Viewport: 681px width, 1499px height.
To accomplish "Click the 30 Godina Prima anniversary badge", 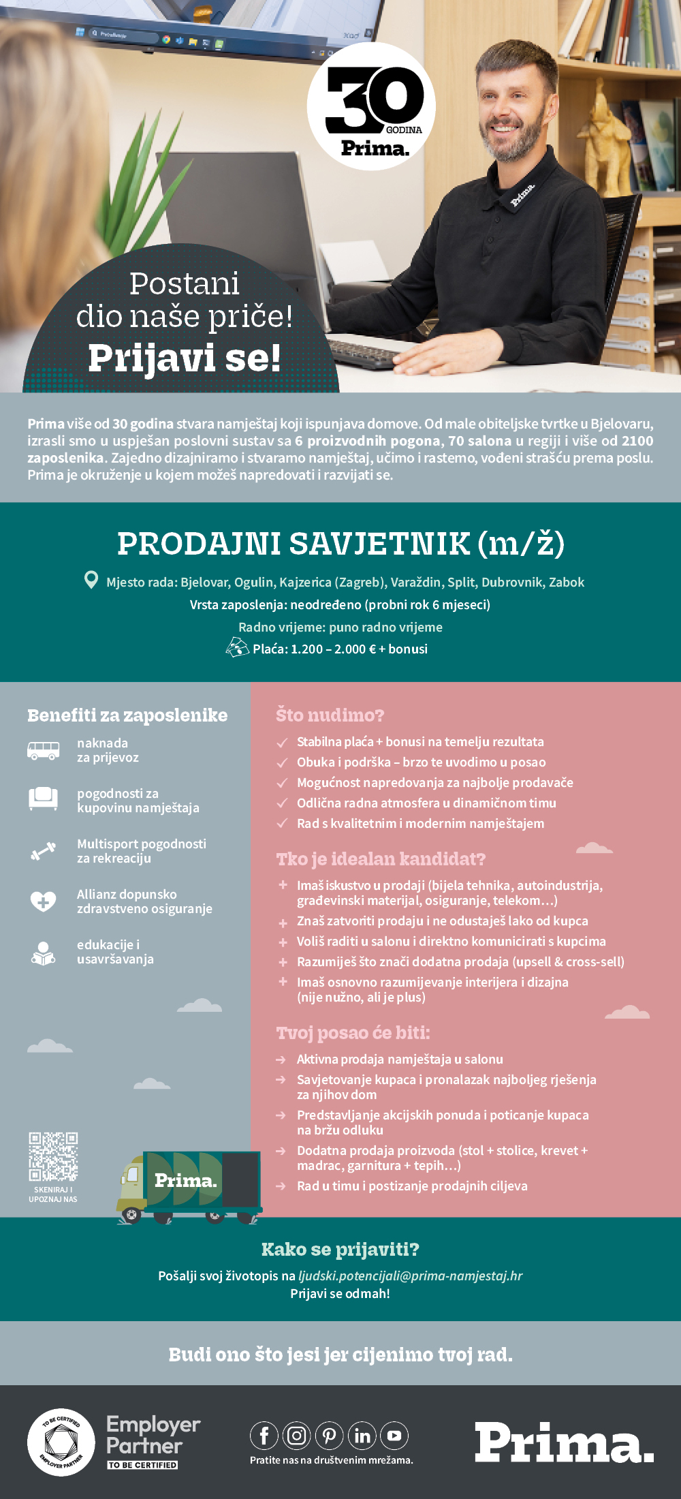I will tap(371, 106).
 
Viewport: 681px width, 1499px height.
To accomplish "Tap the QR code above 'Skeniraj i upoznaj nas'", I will tap(53, 1156).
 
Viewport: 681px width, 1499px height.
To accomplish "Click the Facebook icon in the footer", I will tap(264, 1436).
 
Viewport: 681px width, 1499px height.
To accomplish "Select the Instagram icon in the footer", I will tap(296, 1436).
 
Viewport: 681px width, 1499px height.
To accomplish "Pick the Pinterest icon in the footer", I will tap(329, 1436).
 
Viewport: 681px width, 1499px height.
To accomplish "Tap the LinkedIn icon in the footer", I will tap(362, 1436).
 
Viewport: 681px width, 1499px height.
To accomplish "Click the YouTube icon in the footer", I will tap(394, 1436).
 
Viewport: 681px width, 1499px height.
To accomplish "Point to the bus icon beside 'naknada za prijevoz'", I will tap(43, 750).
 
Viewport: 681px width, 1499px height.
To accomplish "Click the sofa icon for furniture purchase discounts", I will tap(43, 798).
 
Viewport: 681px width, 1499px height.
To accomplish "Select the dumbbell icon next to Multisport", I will tap(43, 851).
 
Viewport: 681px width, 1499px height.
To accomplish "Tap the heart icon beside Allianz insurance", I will tap(43, 901).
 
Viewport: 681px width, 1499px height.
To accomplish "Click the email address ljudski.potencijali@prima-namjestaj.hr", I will tap(410, 1276).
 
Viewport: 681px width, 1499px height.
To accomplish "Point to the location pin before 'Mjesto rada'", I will tap(91, 580).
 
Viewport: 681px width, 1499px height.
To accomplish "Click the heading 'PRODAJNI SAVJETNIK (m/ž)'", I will tap(340, 544).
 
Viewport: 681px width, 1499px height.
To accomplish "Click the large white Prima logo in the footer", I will tap(564, 1442).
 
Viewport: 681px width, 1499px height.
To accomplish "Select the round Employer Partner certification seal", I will tap(61, 1442).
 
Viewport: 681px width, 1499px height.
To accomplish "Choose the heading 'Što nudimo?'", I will tap(330, 715).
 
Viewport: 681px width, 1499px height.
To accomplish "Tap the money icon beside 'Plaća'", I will tap(237, 647).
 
